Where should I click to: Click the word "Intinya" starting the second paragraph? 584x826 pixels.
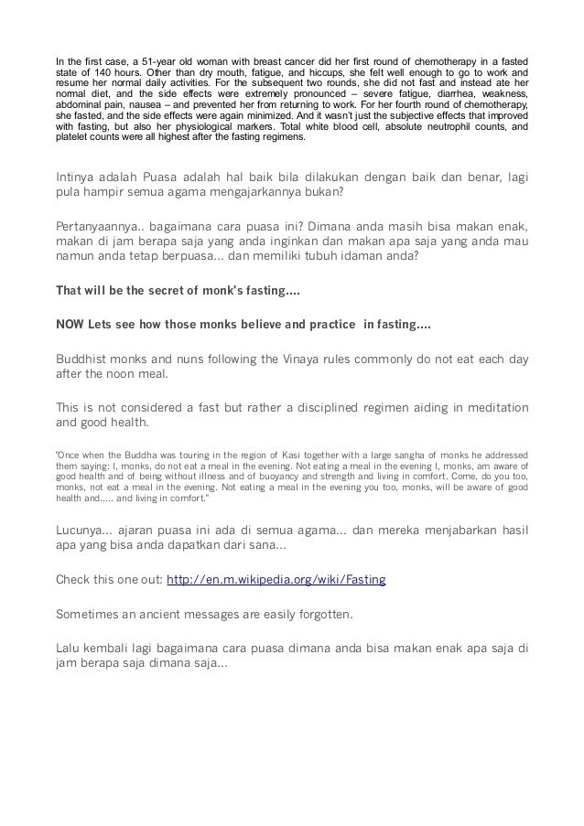(78, 177)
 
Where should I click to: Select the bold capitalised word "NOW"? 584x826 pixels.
(71, 325)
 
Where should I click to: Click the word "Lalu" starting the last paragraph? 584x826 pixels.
(70, 645)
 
